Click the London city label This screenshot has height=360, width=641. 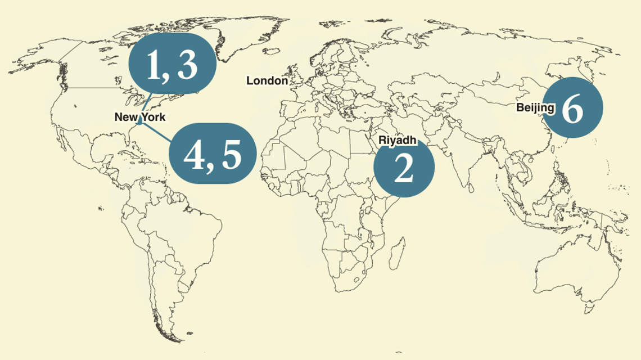pos(267,81)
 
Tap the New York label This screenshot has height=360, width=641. pos(140,117)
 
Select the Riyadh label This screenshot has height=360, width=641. pos(397,139)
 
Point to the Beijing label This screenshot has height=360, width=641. pos(535,107)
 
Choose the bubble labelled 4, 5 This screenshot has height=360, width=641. pos(213,153)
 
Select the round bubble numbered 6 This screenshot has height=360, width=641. pos(573,107)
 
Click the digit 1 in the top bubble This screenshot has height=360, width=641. pos(154,64)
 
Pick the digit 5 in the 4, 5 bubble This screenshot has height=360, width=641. pos(231,154)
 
